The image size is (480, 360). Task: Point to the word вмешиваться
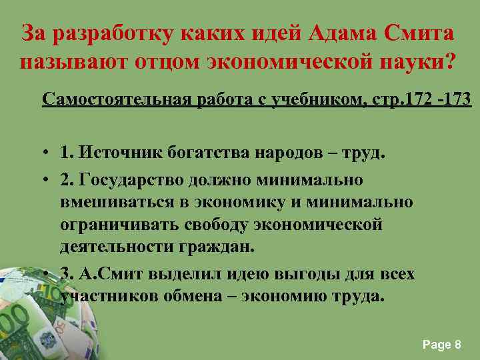117,201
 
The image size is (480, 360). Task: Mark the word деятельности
117,245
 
